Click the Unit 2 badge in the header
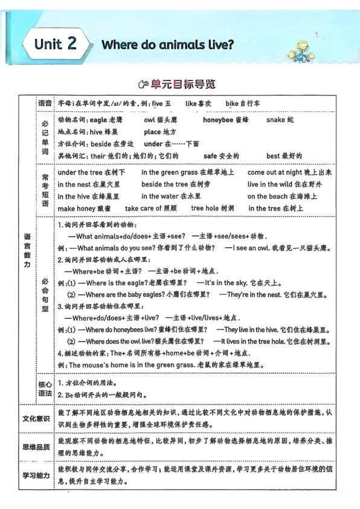pyautogui.click(x=57, y=44)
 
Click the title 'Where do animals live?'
pyautogui.click(x=167, y=45)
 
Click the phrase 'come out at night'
pyautogui.click(x=277, y=172)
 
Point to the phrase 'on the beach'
pyautogui.click(x=269, y=196)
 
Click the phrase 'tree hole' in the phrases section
pyautogui.click(x=205, y=209)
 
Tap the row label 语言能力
pyautogui.click(x=27, y=251)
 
